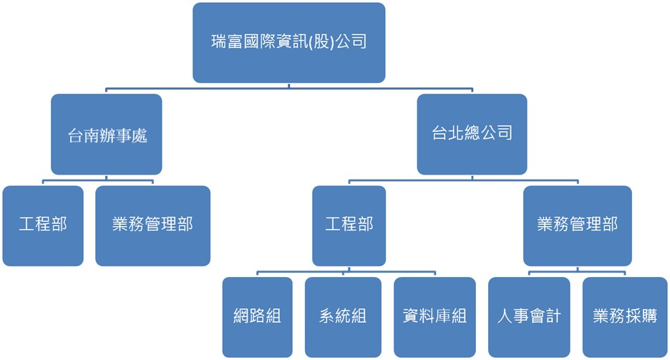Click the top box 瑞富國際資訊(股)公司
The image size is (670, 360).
click(x=289, y=42)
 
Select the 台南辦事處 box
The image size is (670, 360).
click(x=107, y=135)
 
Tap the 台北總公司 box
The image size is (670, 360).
click(x=472, y=135)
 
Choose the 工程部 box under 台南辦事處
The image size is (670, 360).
click(x=43, y=225)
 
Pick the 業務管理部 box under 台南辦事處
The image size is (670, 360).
click(x=152, y=225)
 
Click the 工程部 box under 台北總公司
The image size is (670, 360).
click(x=349, y=225)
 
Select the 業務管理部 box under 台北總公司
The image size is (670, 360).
click(x=577, y=225)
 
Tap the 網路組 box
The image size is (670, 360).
click(x=257, y=316)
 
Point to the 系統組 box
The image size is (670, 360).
click(x=342, y=316)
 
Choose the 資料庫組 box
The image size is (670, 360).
click(x=434, y=316)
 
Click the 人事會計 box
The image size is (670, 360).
click(x=529, y=316)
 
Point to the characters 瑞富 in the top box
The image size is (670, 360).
click(x=228, y=42)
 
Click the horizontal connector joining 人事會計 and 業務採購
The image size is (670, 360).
click(x=577, y=271)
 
